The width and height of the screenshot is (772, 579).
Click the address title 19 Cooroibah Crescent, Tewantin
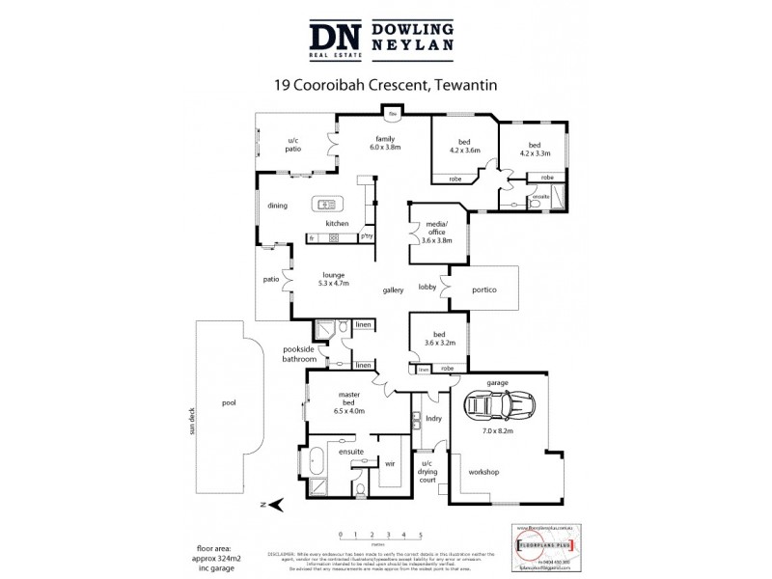pos(386,86)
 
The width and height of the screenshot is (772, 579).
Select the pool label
pos(228,403)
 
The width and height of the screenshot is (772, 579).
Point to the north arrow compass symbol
pos(273,504)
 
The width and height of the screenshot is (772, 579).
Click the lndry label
pos(433,418)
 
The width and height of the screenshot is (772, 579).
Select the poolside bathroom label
pos(299,354)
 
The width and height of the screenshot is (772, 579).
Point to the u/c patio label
pos(293,146)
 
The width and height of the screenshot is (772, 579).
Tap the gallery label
pos(393,289)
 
